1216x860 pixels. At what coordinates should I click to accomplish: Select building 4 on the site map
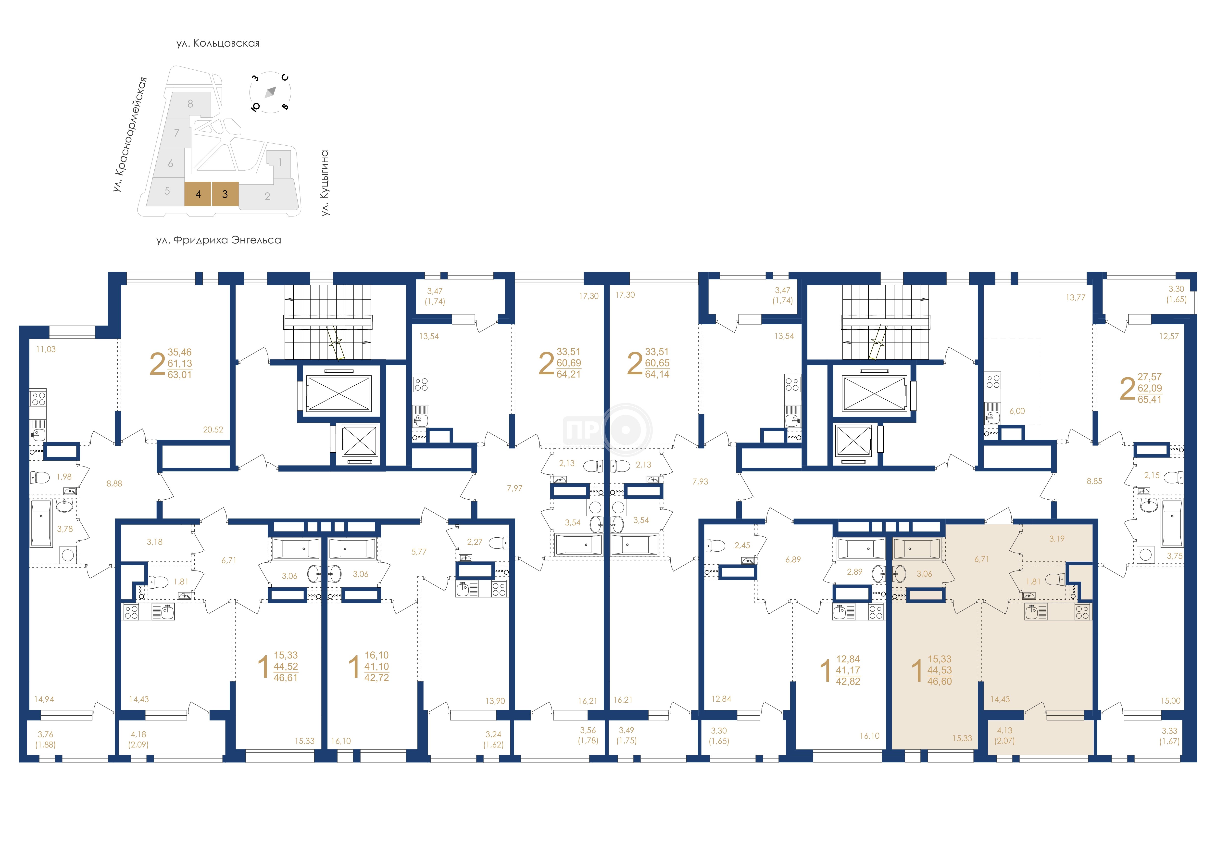click(198, 194)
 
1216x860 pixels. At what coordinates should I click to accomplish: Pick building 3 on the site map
click(225, 194)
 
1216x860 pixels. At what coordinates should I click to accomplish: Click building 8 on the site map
click(190, 104)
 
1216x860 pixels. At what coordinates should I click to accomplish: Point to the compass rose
click(271, 92)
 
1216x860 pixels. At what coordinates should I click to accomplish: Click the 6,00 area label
click(1017, 411)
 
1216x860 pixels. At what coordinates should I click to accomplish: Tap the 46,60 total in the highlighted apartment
click(940, 682)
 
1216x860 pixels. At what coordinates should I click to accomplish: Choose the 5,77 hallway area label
click(419, 552)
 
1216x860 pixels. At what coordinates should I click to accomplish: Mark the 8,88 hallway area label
click(114, 483)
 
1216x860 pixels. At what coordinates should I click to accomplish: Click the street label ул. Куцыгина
click(325, 183)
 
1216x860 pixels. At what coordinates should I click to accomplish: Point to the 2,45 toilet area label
click(742, 545)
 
